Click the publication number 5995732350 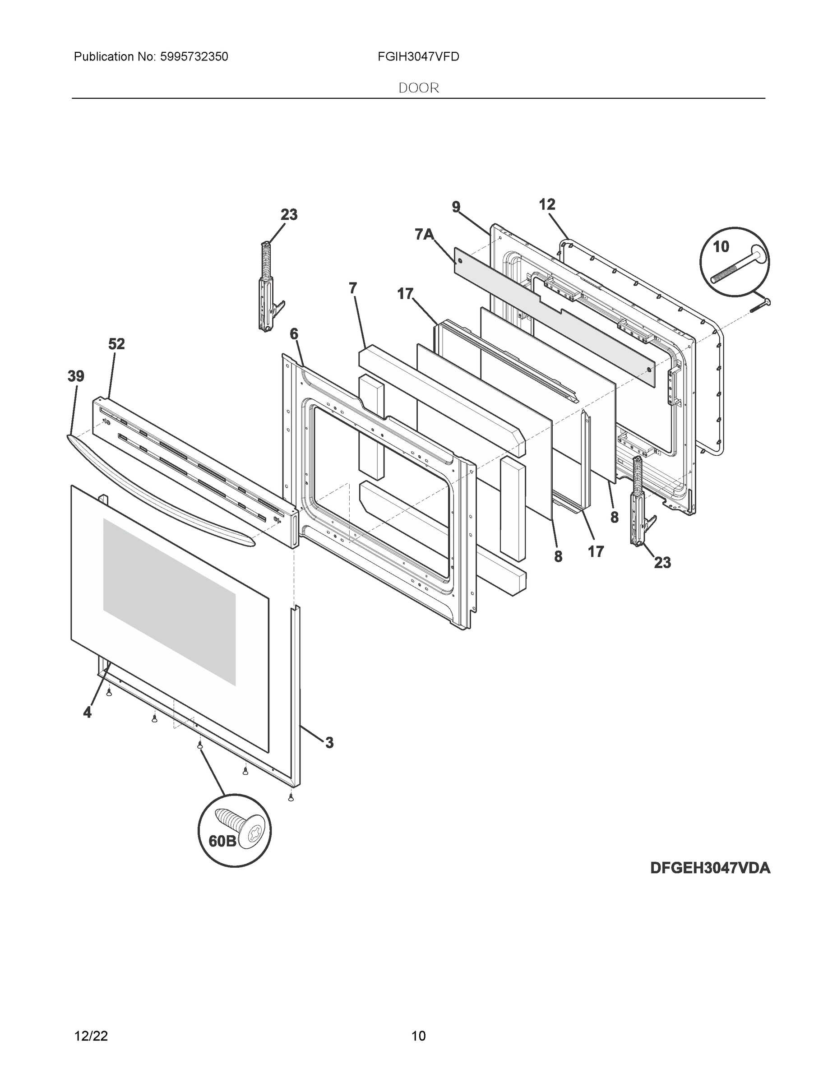pyautogui.click(x=194, y=57)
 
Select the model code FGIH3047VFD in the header pyautogui.click(x=418, y=57)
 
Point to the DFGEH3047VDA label pyautogui.click(x=710, y=868)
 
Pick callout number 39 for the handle pyautogui.click(x=76, y=376)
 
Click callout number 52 pyautogui.click(x=116, y=344)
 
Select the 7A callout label pyautogui.click(x=424, y=234)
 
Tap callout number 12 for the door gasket pyautogui.click(x=547, y=204)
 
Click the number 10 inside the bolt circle pyautogui.click(x=721, y=246)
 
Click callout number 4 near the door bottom pyautogui.click(x=87, y=713)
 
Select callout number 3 pyautogui.click(x=329, y=757)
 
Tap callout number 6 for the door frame pyautogui.click(x=294, y=334)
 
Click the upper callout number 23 pyautogui.click(x=289, y=215)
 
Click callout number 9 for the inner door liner pyautogui.click(x=456, y=207)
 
